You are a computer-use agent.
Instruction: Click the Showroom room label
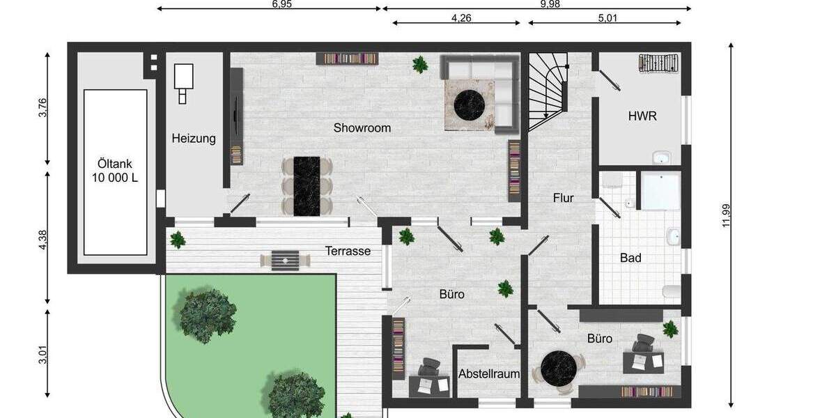362,128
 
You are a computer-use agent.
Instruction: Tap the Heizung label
194,139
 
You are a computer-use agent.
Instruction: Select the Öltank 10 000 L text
114,171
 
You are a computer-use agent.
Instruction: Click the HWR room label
642,116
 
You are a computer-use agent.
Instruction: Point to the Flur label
563,199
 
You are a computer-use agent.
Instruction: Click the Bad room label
630,258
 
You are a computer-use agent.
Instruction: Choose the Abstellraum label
489,374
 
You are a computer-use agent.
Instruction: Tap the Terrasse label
348,251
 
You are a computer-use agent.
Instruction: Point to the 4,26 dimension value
462,19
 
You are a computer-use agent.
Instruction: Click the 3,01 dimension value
42,355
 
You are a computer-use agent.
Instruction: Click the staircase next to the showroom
547,91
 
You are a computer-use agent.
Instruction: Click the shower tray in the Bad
660,192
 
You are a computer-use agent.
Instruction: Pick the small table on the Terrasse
285,260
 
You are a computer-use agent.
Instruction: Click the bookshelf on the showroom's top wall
347,59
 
